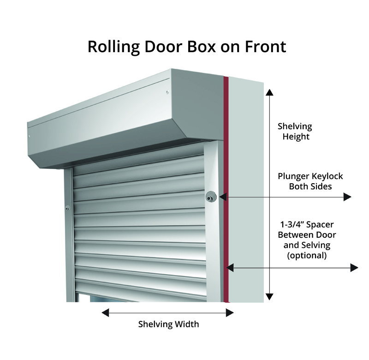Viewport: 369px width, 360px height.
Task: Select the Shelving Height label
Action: tap(295, 132)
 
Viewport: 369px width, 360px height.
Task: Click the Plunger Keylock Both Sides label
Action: tap(310, 181)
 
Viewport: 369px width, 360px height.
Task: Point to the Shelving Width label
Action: tap(169, 324)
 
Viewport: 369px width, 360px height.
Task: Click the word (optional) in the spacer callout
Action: tap(307, 255)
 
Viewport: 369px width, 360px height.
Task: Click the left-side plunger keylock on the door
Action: tap(68, 209)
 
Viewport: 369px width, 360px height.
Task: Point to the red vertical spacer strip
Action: tap(226, 185)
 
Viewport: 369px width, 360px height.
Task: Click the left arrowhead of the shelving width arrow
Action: tap(105, 312)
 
